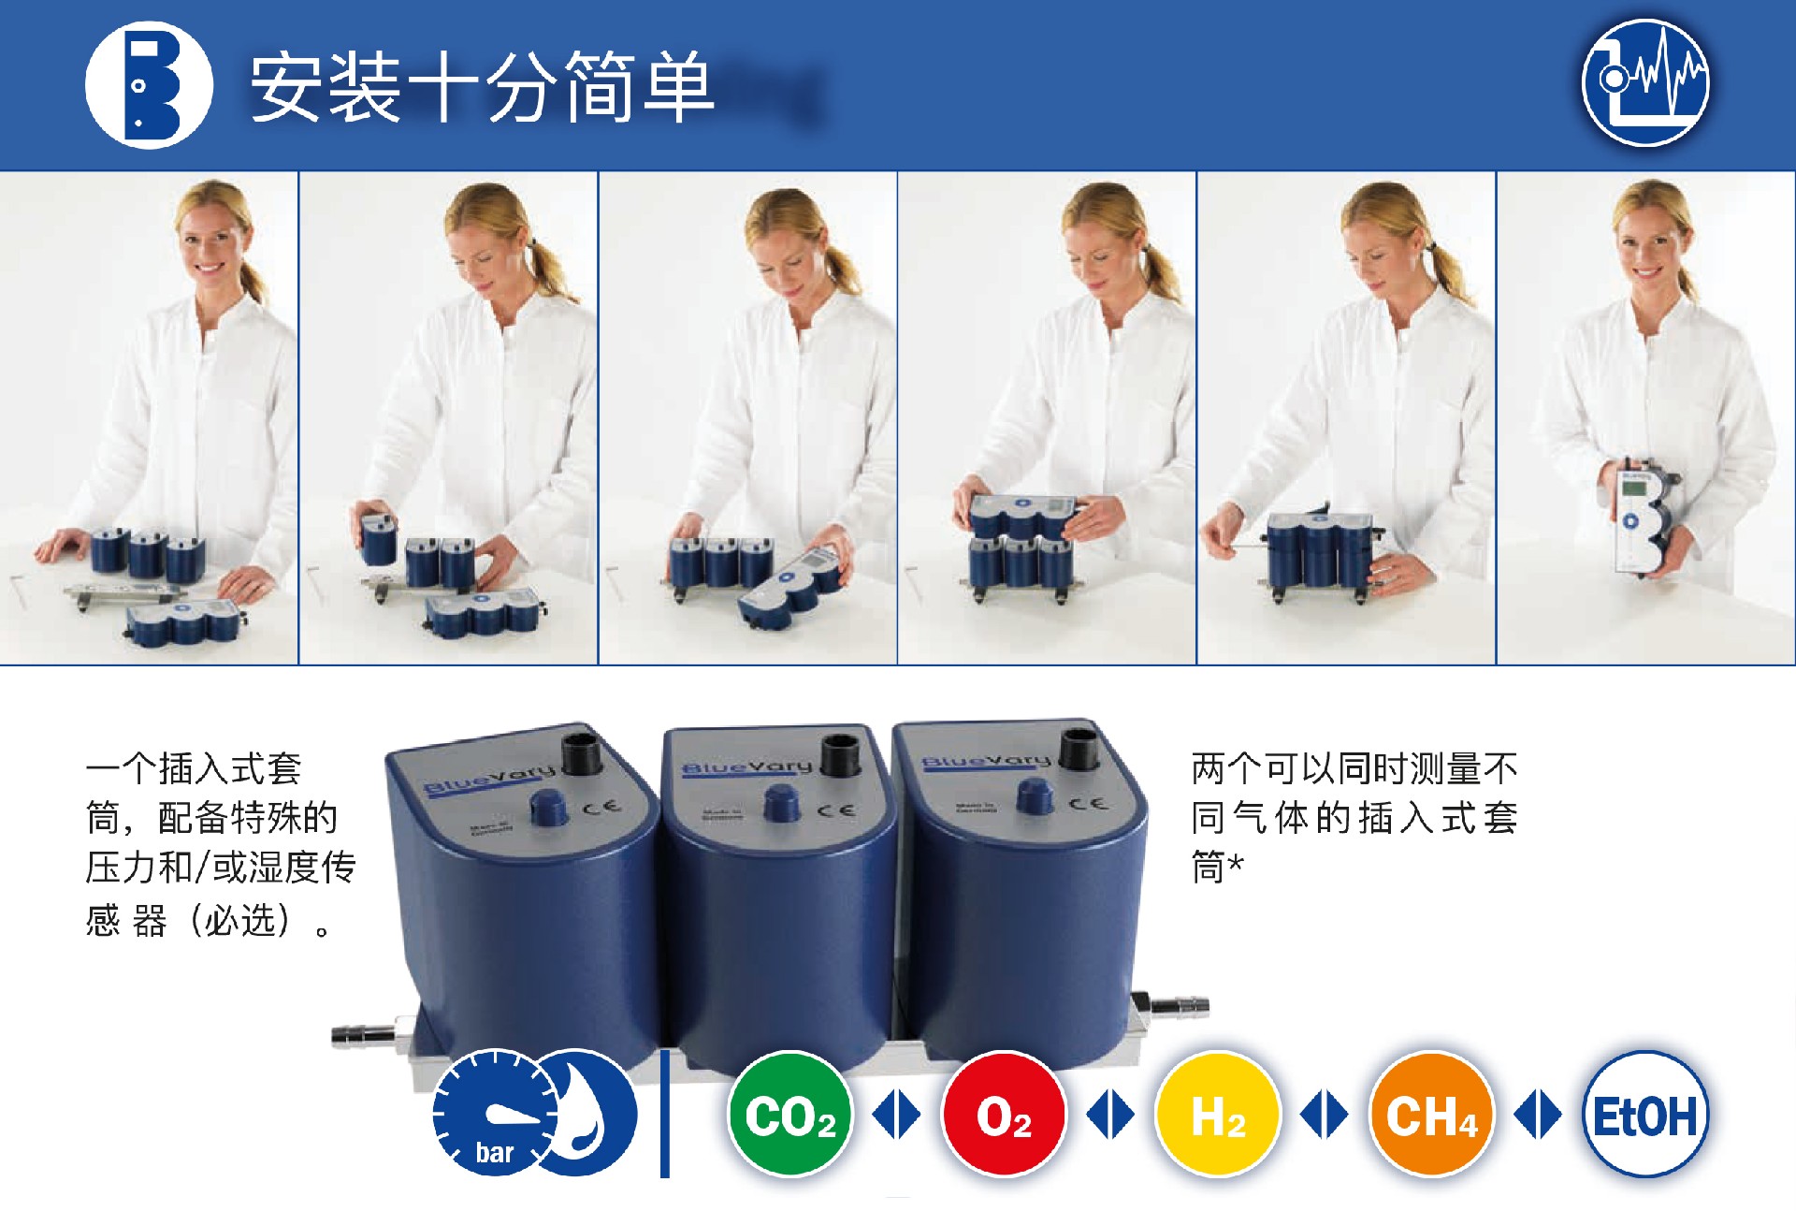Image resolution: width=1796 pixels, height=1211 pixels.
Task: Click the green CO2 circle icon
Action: (x=790, y=1114)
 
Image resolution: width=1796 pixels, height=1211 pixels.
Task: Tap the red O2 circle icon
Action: (x=1005, y=1114)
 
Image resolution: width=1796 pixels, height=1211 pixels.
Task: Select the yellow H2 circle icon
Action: (x=1218, y=1114)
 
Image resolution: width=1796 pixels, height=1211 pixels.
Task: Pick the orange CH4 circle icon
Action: (x=1431, y=1114)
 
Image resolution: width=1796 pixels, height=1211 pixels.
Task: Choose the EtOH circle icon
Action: (x=1645, y=1114)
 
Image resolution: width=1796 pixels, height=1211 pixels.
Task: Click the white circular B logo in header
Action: (x=150, y=85)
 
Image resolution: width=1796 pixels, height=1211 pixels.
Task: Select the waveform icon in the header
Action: (x=1645, y=83)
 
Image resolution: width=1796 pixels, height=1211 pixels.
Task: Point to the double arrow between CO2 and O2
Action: (x=896, y=1115)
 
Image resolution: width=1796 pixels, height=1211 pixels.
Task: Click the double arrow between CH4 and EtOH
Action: (x=1538, y=1115)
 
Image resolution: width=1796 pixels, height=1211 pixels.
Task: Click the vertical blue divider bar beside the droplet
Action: (x=665, y=1114)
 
